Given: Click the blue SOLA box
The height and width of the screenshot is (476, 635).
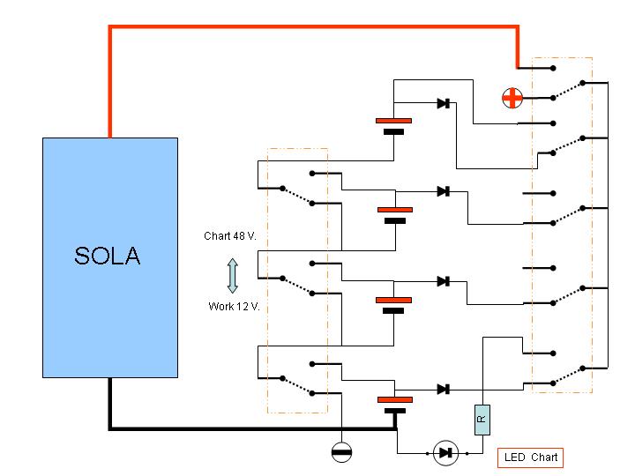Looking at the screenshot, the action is pyautogui.click(x=110, y=257).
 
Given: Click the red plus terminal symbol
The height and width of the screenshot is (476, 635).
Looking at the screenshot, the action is pyautogui.click(x=512, y=98).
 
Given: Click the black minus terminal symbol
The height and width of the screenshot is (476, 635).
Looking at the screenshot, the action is pyautogui.click(x=341, y=452).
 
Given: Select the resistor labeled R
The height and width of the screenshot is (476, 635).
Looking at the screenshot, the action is pyautogui.click(x=482, y=420).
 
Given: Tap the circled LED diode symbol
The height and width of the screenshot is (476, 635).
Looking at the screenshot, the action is pyautogui.click(x=446, y=453).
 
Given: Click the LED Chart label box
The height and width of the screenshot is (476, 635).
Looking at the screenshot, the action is pyautogui.click(x=531, y=457).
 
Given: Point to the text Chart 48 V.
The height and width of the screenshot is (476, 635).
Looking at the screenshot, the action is pyautogui.click(x=230, y=236).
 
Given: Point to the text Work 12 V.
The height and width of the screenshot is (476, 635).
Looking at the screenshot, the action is pyautogui.click(x=234, y=307).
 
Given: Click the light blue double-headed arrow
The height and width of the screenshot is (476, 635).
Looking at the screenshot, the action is pyautogui.click(x=233, y=276).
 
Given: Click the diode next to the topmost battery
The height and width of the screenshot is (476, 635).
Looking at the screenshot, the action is pyautogui.click(x=444, y=103).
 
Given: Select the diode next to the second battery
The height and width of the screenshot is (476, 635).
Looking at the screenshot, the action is pyautogui.click(x=444, y=191).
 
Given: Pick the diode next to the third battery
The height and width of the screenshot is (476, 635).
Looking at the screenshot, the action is pyautogui.click(x=444, y=281).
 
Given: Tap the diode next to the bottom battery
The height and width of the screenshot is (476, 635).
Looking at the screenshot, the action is pyautogui.click(x=444, y=390).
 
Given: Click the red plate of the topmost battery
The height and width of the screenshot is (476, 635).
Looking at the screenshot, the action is pyautogui.click(x=393, y=121).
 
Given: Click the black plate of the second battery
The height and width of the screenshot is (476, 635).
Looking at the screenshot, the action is pyautogui.click(x=395, y=221).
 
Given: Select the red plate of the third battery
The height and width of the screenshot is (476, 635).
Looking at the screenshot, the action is pyautogui.click(x=393, y=300).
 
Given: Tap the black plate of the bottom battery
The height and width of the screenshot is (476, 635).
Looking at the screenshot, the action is pyautogui.click(x=395, y=411).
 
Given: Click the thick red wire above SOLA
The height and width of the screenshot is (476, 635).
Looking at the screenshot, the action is pyautogui.click(x=314, y=27).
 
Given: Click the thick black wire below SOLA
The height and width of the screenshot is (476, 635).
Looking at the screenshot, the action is pyautogui.click(x=252, y=428).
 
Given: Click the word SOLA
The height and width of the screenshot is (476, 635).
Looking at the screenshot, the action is pyautogui.click(x=108, y=256).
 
